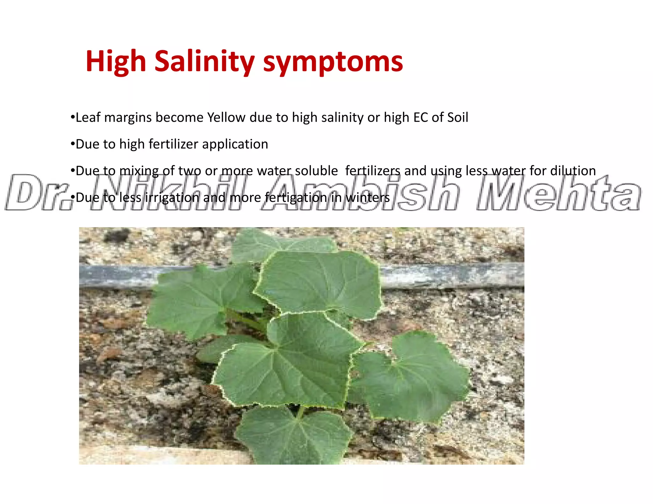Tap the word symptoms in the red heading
click(333, 62)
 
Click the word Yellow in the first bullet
click(226, 118)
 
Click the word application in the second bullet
click(235, 145)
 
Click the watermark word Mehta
click(558, 193)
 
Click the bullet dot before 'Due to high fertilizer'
click(72, 144)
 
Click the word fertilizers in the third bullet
click(373, 171)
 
